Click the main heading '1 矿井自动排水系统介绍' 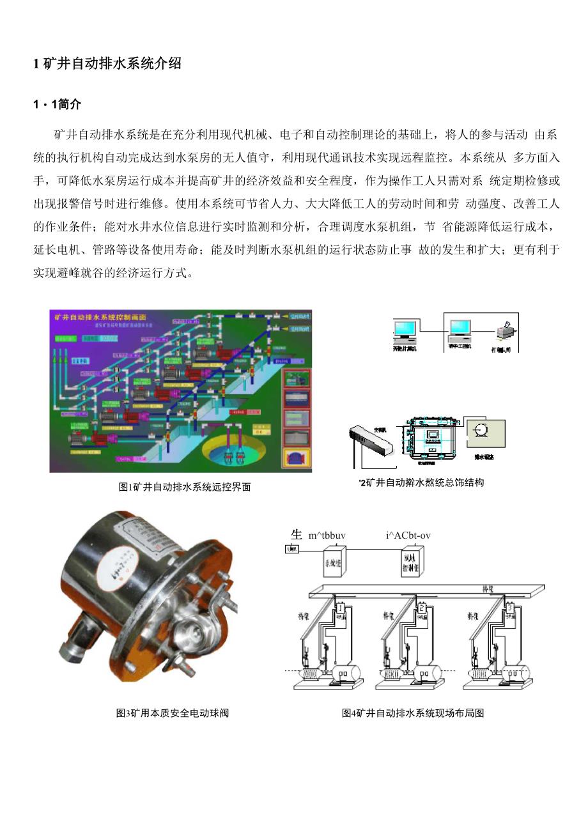tap(107, 63)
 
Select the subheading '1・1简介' tap(57, 104)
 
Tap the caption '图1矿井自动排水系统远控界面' tap(185, 487)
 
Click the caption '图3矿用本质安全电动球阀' tap(172, 713)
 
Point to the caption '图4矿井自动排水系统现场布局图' tap(413, 713)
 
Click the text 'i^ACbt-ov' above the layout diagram tap(408, 535)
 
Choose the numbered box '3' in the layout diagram tap(509, 606)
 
